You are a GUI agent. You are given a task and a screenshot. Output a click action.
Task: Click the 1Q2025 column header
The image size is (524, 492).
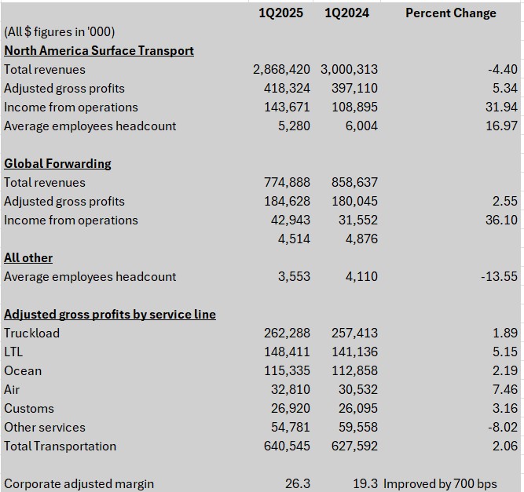pyautogui.click(x=280, y=13)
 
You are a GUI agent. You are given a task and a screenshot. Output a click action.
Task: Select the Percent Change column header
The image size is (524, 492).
pyautogui.click(x=451, y=13)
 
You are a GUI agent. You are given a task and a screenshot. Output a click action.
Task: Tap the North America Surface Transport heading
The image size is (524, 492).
pyautogui.click(x=99, y=51)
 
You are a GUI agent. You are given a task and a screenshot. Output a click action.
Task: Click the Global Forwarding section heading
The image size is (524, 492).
pyautogui.click(x=57, y=163)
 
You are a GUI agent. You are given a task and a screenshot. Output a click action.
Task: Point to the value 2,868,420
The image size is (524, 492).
pyautogui.click(x=281, y=69)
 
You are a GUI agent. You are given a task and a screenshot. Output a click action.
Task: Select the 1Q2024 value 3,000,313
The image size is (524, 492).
pyautogui.click(x=350, y=69)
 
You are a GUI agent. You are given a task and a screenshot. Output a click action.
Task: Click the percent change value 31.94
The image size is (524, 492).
pyautogui.click(x=501, y=108)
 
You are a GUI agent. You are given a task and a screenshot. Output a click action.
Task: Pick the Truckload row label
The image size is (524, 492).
pyautogui.click(x=31, y=333)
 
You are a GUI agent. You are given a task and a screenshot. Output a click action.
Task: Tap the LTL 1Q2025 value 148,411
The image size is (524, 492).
pyautogui.click(x=287, y=352)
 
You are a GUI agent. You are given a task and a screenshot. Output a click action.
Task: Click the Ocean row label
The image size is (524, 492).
pyautogui.click(x=23, y=371)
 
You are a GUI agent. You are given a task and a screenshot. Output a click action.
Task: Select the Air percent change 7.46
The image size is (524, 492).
pyautogui.click(x=505, y=389)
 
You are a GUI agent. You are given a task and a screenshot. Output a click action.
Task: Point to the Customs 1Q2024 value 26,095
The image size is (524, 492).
pyautogui.click(x=358, y=408)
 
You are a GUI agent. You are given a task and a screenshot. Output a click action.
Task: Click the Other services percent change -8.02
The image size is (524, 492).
pyautogui.click(x=503, y=427)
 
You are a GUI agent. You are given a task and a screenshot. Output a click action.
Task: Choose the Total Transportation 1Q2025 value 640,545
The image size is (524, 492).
pyautogui.click(x=287, y=446)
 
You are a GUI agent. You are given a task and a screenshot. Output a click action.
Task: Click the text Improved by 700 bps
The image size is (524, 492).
pyautogui.click(x=440, y=483)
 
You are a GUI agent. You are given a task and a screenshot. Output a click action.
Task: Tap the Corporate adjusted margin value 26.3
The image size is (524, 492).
pyautogui.click(x=298, y=483)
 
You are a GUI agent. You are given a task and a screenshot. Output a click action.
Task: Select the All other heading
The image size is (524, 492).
pyautogui.click(x=28, y=258)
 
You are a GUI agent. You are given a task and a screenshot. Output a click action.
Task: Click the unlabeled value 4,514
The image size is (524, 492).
pyautogui.click(x=294, y=239)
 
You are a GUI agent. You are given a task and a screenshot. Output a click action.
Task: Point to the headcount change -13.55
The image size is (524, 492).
pyautogui.click(x=500, y=277)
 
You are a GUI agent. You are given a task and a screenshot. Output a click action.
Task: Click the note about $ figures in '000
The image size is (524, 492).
pyautogui.click(x=60, y=31)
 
